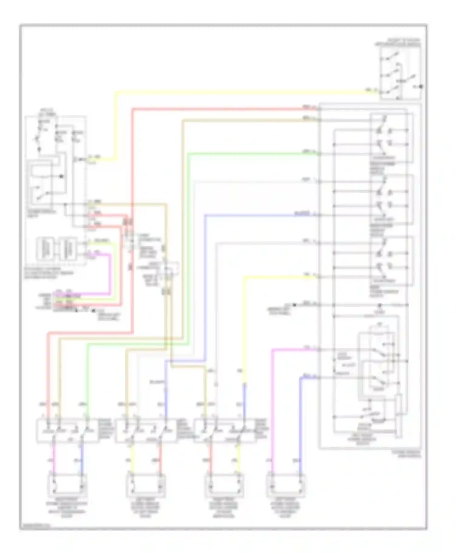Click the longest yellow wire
(243, 91)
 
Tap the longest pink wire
(272, 409)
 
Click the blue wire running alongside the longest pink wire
(300, 424)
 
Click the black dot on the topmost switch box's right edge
(421, 87)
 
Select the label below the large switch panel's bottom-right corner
(410, 454)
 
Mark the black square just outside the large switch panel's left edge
(294, 305)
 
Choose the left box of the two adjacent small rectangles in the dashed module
(45, 249)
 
